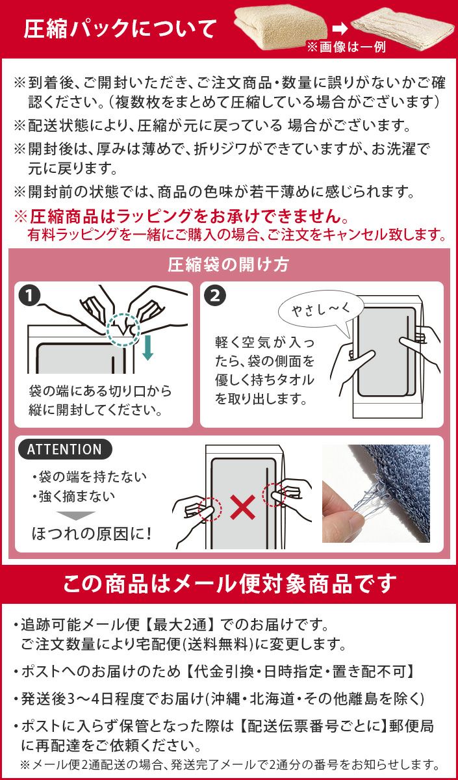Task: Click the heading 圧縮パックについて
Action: (120, 29)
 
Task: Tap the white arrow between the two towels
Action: (340, 29)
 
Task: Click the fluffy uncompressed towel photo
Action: (281, 28)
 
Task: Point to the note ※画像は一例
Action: (346, 47)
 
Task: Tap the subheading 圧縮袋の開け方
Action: (228, 265)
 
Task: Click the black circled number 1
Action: (30, 296)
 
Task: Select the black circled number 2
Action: (215, 296)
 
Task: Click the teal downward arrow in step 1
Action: (148, 347)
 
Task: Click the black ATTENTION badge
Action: (65, 449)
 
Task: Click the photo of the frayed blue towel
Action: (376, 493)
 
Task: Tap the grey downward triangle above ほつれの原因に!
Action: (76, 515)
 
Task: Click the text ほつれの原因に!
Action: (91, 534)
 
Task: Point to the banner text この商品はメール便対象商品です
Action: (230, 584)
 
